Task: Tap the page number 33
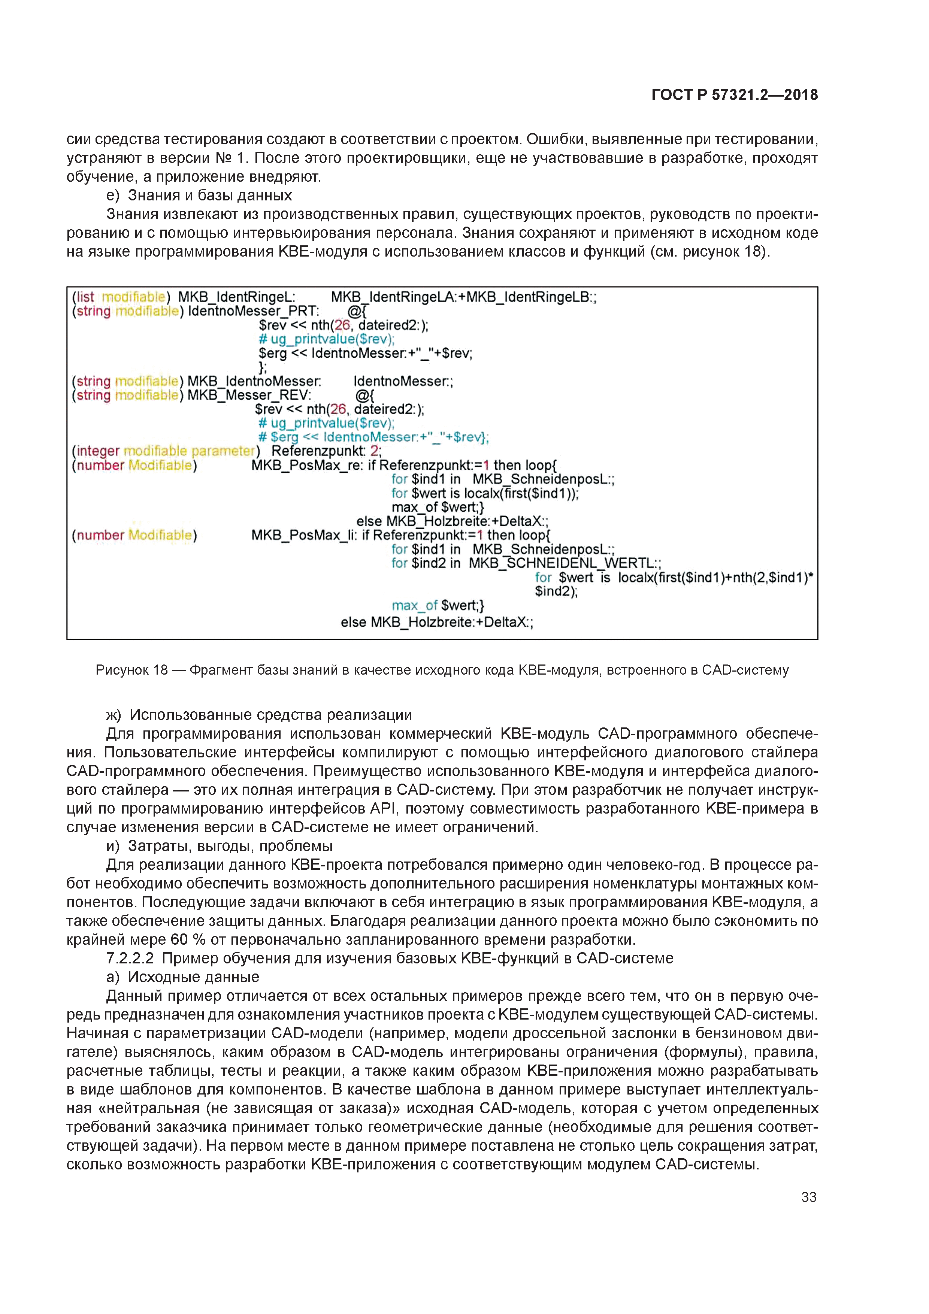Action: coord(808,1197)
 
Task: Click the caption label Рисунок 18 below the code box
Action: coord(131,670)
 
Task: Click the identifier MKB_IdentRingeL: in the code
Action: coord(236,297)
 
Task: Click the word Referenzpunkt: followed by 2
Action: coord(318,451)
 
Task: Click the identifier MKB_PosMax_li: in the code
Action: coord(304,535)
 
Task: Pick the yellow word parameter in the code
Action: coord(223,451)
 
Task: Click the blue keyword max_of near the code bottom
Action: coord(414,605)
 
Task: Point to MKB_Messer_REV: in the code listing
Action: coord(249,396)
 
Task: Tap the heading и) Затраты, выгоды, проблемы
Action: coord(219,846)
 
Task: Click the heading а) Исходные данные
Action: coord(182,977)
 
